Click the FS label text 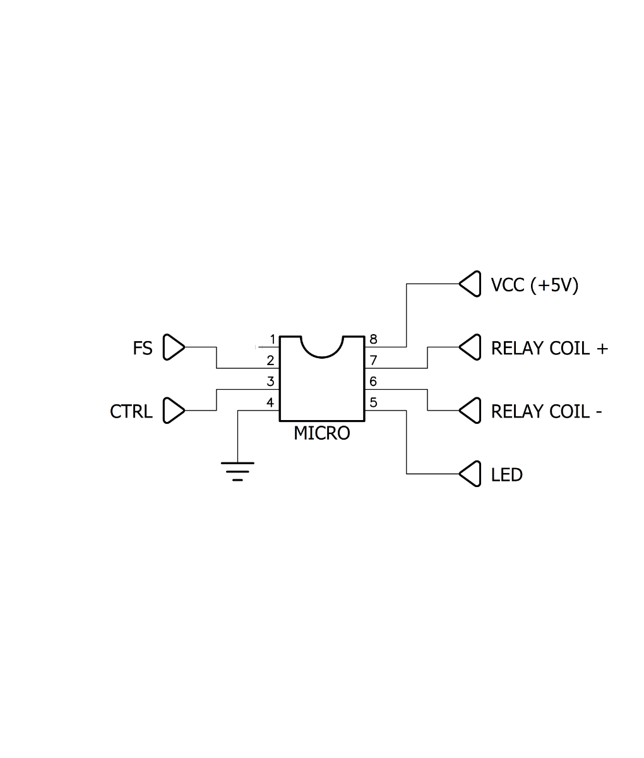point(142,348)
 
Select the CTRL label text point(131,411)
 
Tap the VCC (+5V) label point(534,285)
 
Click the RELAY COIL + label point(549,348)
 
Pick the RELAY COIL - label point(546,411)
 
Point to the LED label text point(506,475)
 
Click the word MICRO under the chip point(322,433)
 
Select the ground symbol point(237,471)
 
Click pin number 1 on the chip point(272,339)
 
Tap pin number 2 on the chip point(270,361)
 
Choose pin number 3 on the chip point(270,382)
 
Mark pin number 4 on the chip point(270,402)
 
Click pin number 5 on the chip point(374,402)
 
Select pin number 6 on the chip point(373,382)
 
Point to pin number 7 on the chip point(374,361)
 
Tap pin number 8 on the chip point(374,339)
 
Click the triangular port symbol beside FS point(174,347)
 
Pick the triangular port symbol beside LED point(470,474)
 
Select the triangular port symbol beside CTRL point(174,411)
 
